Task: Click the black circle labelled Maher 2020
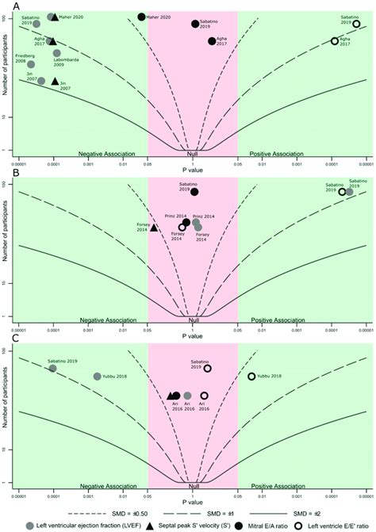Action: click(x=141, y=17)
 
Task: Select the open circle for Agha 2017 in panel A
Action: click(x=335, y=40)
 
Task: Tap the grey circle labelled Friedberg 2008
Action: click(x=31, y=64)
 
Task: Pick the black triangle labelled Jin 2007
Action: click(x=55, y=82)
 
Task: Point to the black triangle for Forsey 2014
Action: click(x=154, y=228)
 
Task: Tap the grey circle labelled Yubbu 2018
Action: click(x=98, y=377)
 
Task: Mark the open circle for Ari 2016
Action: click(x=204, y=396)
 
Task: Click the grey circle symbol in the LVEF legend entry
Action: click(x=31, y=525)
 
